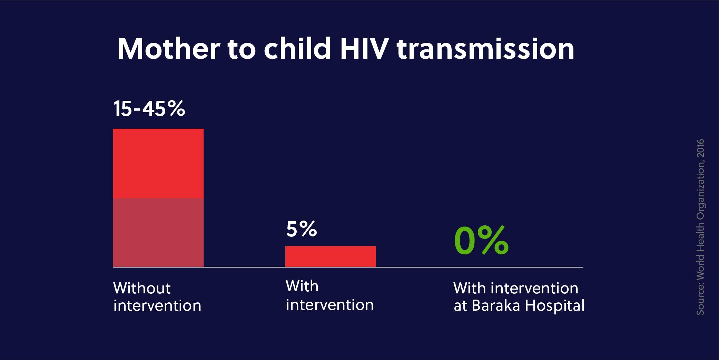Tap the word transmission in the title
coord(485,49)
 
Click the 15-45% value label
coord(149,108)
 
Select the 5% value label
coord(302,229)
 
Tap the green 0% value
coord(481,240)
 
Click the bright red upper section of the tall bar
coord(158,163)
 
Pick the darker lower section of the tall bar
coord(158,232)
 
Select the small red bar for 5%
coord(331,256)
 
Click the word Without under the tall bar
coord(142,288)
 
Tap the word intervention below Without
coord(157,305)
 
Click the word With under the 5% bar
coord(302,286)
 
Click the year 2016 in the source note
coord(700,148)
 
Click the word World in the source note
coord(700,267)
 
